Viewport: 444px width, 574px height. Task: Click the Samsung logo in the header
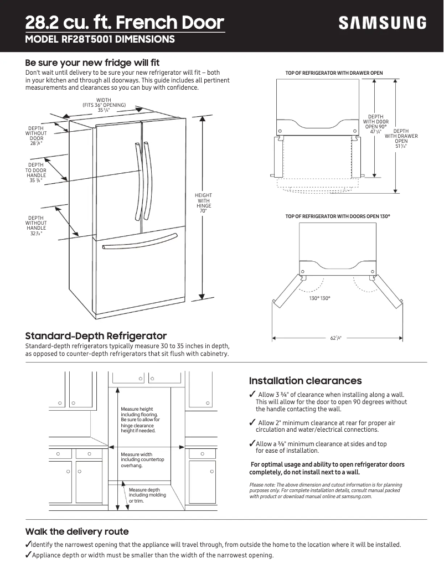click(383, 23)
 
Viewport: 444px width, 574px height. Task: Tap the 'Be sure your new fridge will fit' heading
click(92, 63)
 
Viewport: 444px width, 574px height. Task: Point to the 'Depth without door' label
click(36, 136)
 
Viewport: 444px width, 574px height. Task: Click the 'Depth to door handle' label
click(36, 172)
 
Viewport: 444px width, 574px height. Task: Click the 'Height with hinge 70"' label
click(203, 203)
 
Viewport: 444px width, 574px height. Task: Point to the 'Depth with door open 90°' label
click(375, 125)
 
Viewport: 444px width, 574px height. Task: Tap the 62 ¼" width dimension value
click(336, 338)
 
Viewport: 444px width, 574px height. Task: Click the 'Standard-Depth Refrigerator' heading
click(96, 336)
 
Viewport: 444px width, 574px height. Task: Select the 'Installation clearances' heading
click(305, 381)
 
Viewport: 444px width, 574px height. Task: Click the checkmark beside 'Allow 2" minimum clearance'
click(252, 423)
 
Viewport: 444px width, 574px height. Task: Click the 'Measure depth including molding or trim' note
click(144, 495)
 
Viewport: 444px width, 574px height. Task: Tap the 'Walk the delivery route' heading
click(77, 531)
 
